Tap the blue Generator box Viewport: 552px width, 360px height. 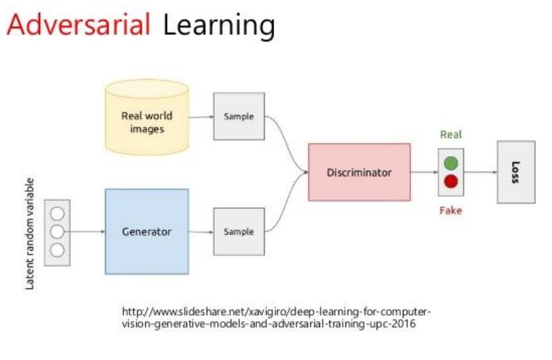point(147,231)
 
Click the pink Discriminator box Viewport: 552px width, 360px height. point(359,172)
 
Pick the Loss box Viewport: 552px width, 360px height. point(516,172)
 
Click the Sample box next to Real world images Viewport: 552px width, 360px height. point(238,117)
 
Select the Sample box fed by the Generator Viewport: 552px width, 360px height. point(238,232)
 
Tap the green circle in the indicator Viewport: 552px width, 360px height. point(451,163)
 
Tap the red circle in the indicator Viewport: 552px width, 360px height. point(451,182)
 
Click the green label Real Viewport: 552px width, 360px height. point(451,135)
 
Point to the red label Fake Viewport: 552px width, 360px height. point(450,210)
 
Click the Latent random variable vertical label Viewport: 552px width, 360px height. point(30,233)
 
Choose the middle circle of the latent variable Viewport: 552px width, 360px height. point(57,232)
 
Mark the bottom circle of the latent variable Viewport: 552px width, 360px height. point(57,250)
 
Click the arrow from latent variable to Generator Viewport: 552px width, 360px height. point(87,232)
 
